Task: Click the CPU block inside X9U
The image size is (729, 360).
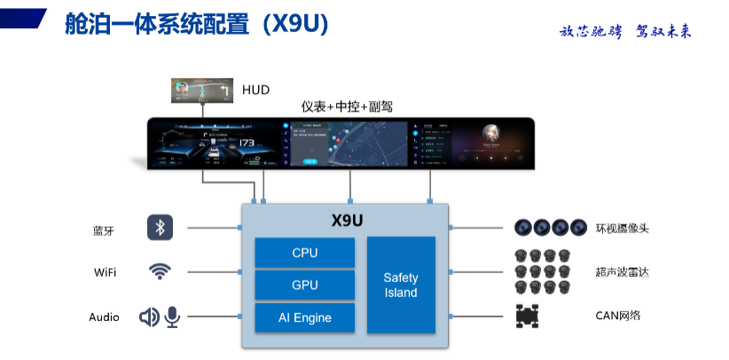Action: pyautogui.click(x=304, y=253)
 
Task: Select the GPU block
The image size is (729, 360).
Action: pyautogui.click(x=304, y=286)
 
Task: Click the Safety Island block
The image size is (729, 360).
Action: pyautogui.click(x=401, y=285)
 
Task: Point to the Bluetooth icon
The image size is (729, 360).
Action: pyautogui.click(x=160, y=228)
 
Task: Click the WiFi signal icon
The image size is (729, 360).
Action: pyautogui.click(x=160, y=271)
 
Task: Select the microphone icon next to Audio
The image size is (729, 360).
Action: pyautogui.click(x=171, y=317)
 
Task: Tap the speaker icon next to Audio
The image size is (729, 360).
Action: pyautogui.click(x=149, y=317)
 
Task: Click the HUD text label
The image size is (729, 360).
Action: pyautogui.click(x=255, y=90)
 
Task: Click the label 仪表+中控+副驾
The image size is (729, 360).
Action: pyautogui.click(x=347, y=106)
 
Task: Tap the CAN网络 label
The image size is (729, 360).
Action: pyautogui.click(x=618, y=316)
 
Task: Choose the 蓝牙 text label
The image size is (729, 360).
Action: pyautogui.click(x=104, y=229)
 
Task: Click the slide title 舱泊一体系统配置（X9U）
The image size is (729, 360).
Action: pyautogui.click(x=197, y=24)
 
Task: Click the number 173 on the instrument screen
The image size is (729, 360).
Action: pyautogui.click(x=247, y=143)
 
